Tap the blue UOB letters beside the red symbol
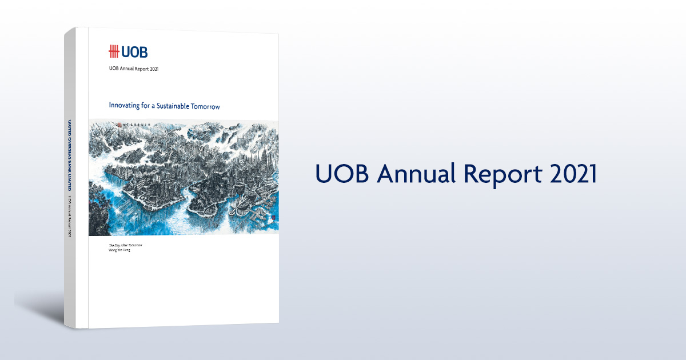[134, 51]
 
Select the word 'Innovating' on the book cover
[127, 106]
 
